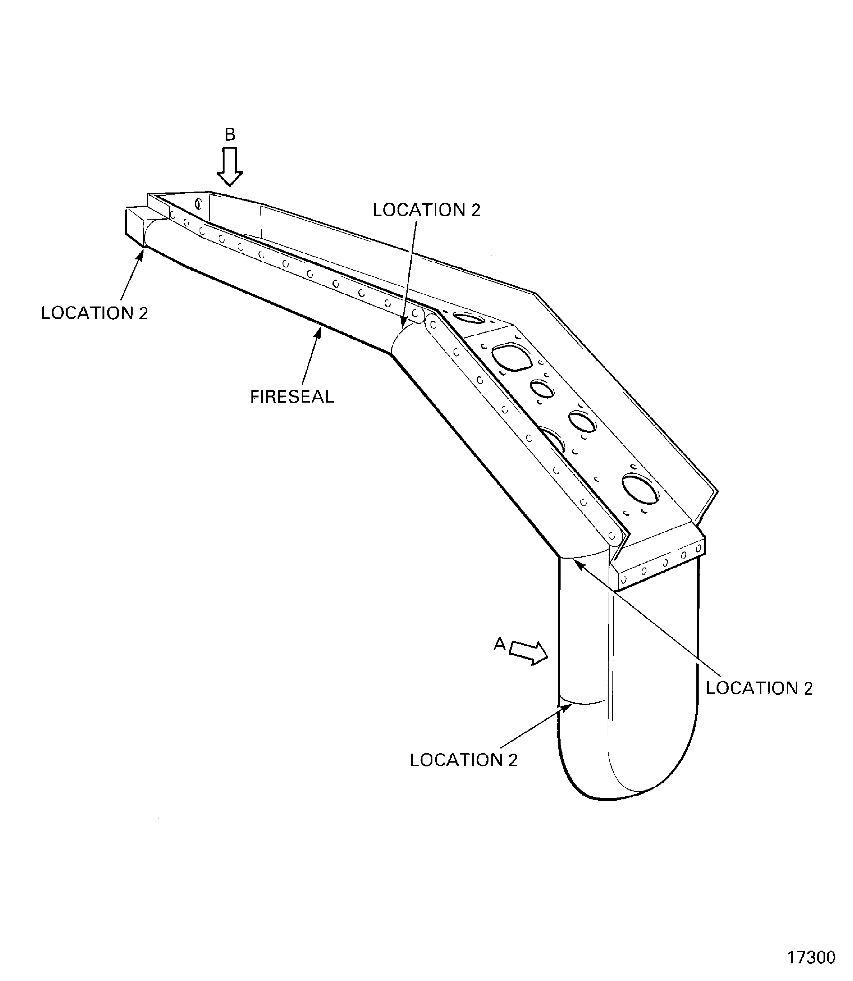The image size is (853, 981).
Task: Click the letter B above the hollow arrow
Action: tap(230, 135)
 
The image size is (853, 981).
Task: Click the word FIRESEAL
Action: tap(292, 396)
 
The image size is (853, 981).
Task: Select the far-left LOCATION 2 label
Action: tap(95, 313)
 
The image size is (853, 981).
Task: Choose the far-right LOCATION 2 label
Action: tap(759, 688)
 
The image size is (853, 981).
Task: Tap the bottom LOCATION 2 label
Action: tap(463, 760)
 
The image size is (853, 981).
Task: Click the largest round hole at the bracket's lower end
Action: tap(640, 489)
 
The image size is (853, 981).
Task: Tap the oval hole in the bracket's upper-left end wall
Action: tap(198, 204)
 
